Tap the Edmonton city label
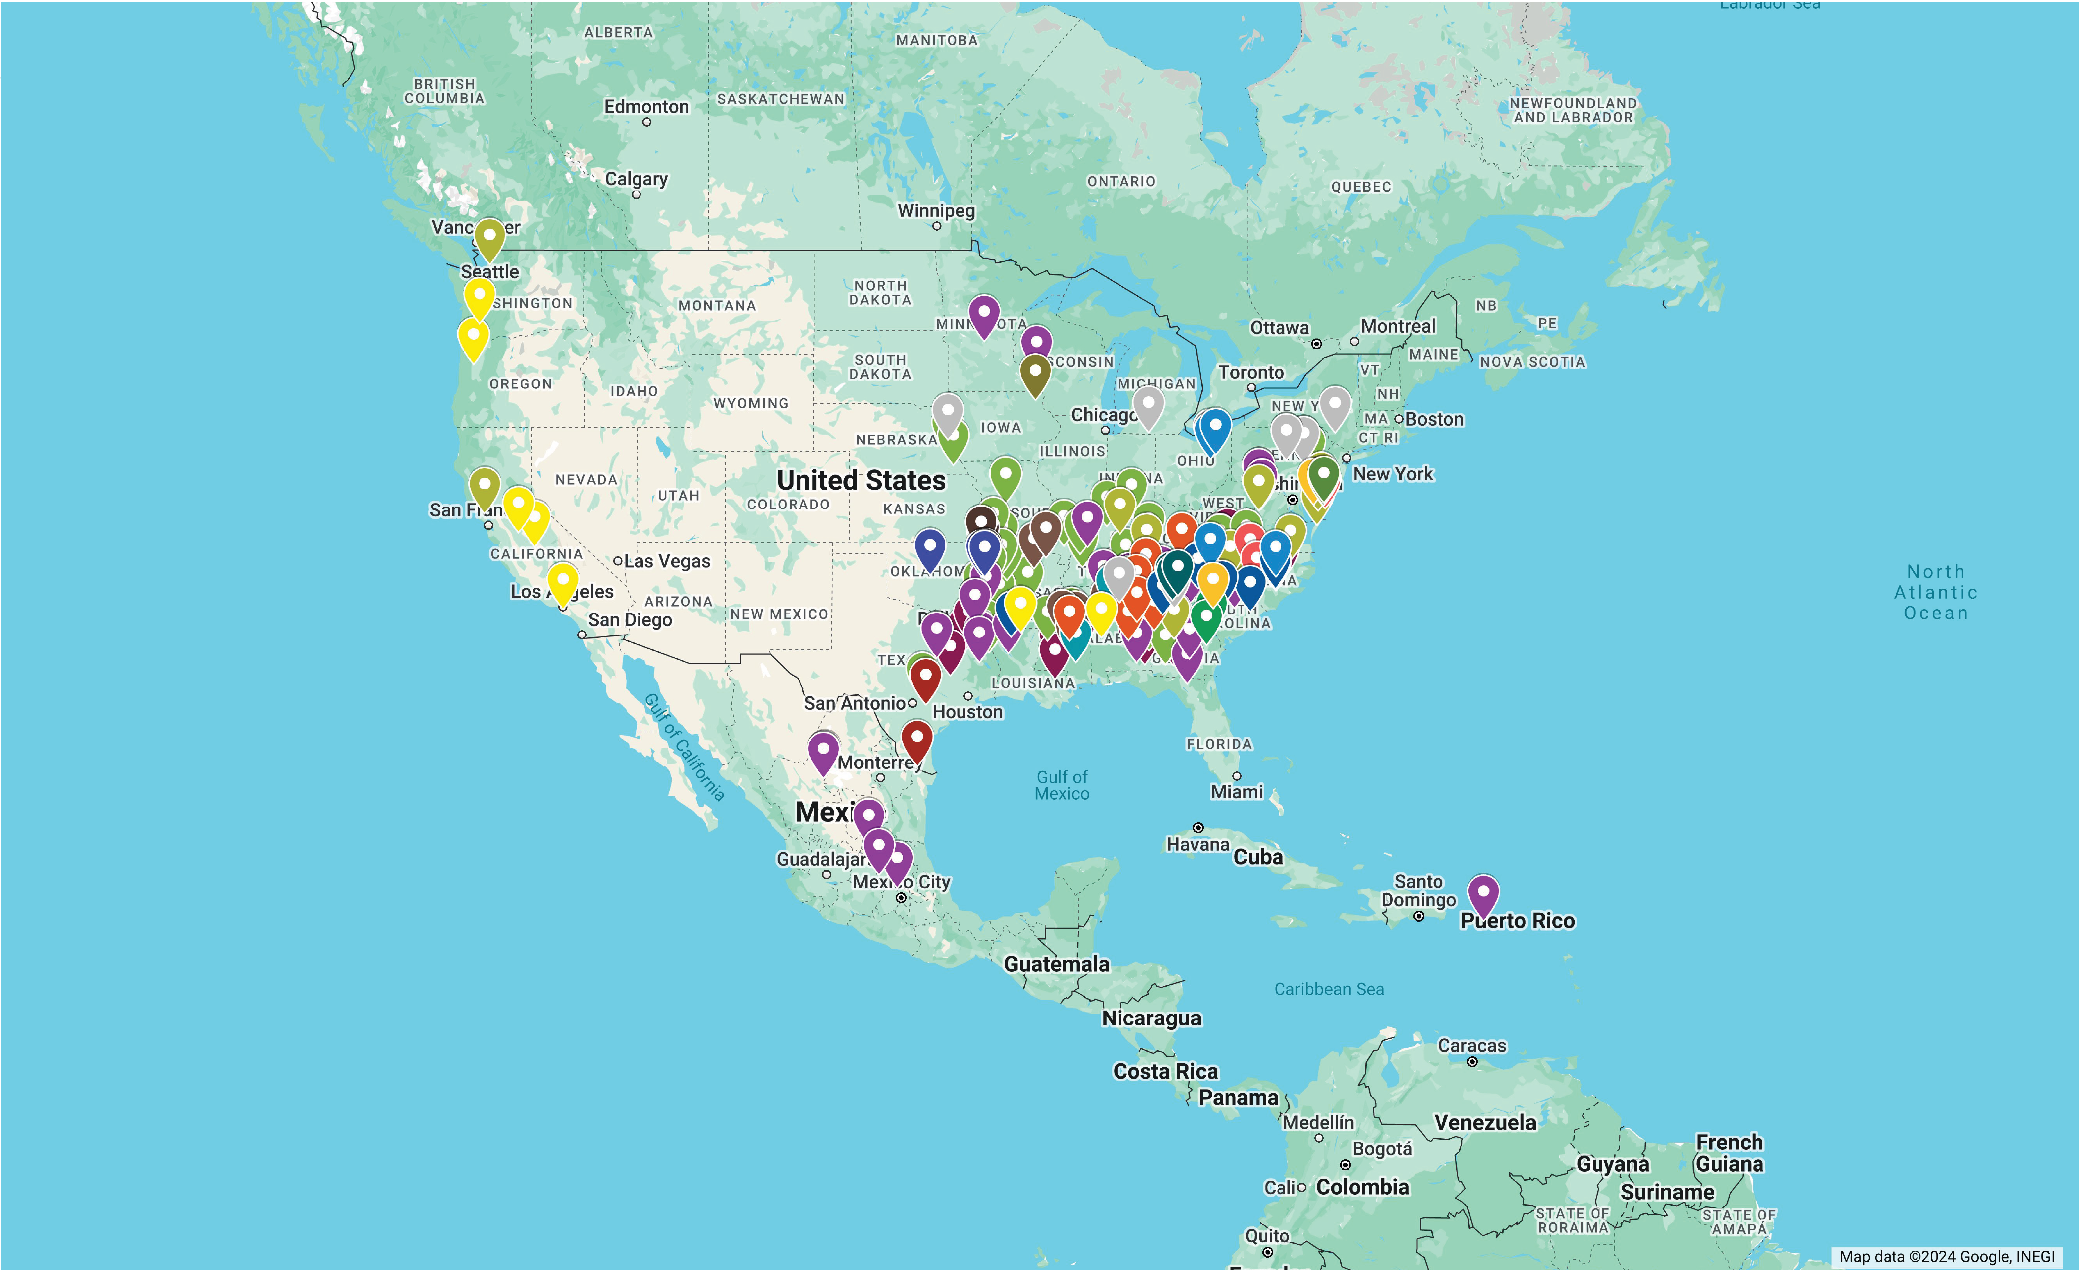pos(646,106)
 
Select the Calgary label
pos(636,179)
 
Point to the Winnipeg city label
pos(936,210)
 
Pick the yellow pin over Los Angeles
pos(563,583)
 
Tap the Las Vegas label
pos(666,561)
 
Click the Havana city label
pos(1197,844)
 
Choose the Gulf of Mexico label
pos(1062,785)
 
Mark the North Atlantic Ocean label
pos(1935,592)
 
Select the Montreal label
pos(1397,326)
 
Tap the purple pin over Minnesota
pos(984,315)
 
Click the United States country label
pos(861,480)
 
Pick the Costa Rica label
pos(1165,1071)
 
